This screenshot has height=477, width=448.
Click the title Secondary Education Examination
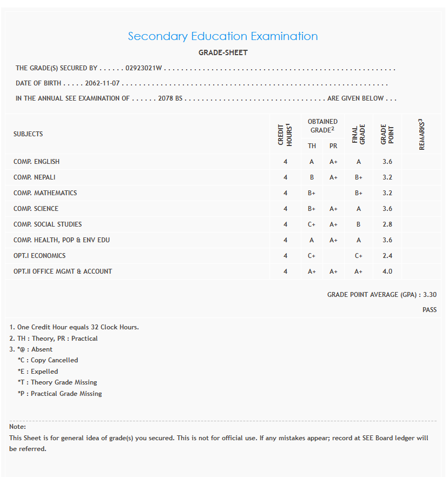(x=223, y=36)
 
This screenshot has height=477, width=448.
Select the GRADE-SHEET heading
(x=223, y=53)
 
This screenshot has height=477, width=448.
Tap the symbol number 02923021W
(x=144, y=69)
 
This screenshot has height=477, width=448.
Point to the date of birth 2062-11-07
(x=102, y=84)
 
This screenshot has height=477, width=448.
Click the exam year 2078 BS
(x=170, y=98)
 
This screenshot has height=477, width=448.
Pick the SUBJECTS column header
(x=28, y=134)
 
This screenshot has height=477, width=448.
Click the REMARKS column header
(x=421, y=134)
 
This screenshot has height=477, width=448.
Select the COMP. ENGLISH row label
(x=36, y=162)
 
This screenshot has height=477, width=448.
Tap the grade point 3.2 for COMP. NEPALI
(x=387, y=177)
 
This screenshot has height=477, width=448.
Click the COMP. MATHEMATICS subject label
(x=45, y=193)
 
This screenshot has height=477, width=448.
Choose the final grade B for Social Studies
(x=358, y=224)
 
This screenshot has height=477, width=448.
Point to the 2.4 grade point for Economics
(x=387, y=256)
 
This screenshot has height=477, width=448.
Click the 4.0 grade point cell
(x=387, y=271)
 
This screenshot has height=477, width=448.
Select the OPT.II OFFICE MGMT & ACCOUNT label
(x=63, y=271)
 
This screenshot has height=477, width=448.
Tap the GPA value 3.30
(x=430, y=295)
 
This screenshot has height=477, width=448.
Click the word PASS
(x=430, y=310)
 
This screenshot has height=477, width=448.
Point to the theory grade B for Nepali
(x=312, y=177)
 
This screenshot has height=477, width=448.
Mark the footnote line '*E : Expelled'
(x=38, y=372)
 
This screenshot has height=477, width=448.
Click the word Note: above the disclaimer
(x=17, y=427)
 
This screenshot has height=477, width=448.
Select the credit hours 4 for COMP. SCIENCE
(x=285, y=209)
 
